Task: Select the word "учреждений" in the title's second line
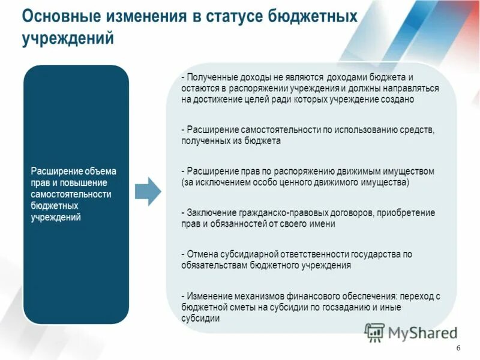(68, 38)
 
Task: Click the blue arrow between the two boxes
(148, 191)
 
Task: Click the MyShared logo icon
(375, 331)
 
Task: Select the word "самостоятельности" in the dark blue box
(71, 194)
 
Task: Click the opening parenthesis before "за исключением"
(182, 182)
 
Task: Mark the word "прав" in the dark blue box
(39, 183)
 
